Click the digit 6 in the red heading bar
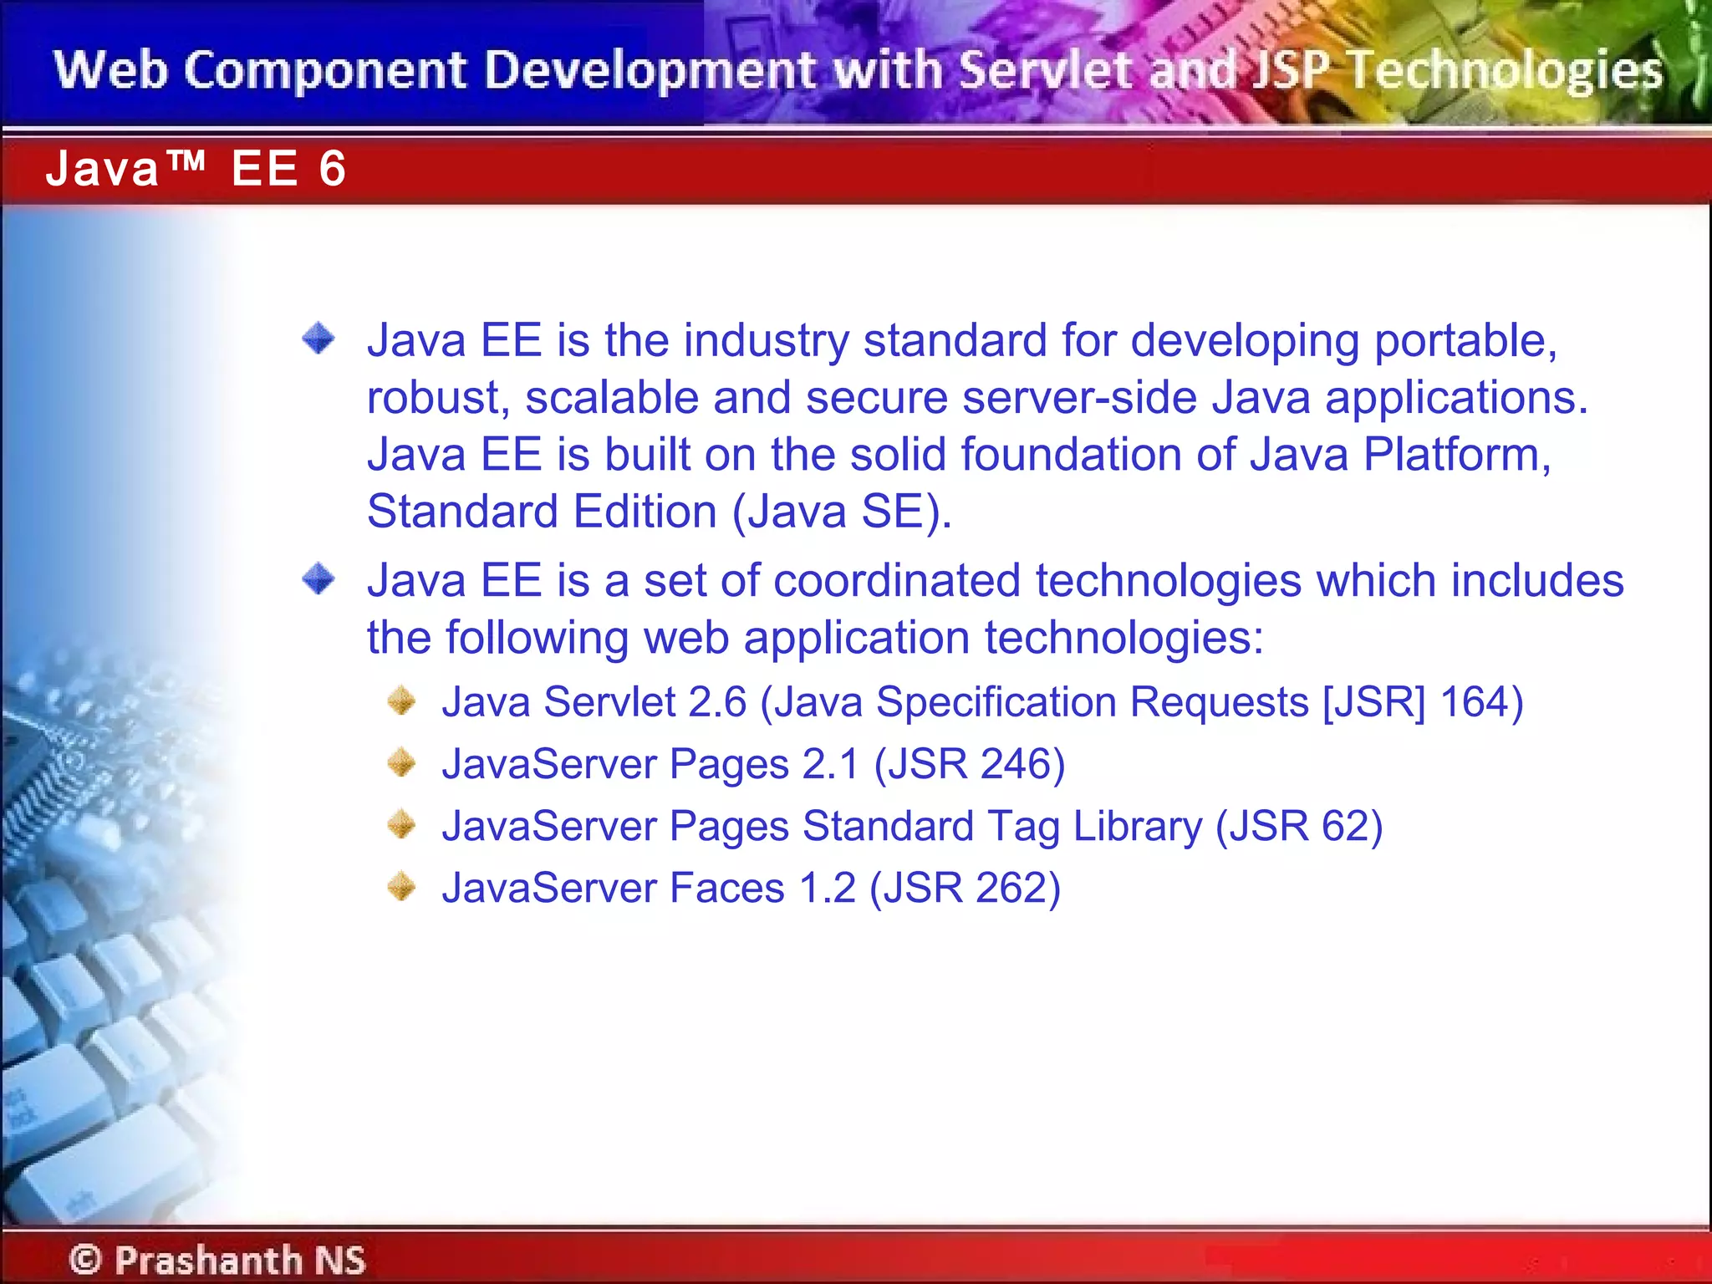(x=332, y=169)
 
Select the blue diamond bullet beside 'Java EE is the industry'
(x=318, y=339)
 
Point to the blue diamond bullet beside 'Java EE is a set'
(x=318, y=578)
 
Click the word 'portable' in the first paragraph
(x=1465, y=341)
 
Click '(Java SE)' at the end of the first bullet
(x=841, y=512)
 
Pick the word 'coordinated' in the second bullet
(x=897, y=580)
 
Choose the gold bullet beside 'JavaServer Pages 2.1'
(x=402, y=762)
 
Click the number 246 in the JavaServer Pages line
(x=1016, y=764)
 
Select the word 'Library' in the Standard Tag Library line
(x=1137, y=827)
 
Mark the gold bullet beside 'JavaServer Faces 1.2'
(x=402, y=886)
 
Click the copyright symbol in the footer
(x=85, y=1259)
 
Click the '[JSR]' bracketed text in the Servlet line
(x=1373, y=701)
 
